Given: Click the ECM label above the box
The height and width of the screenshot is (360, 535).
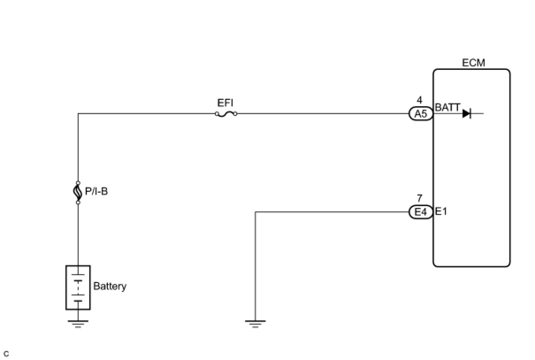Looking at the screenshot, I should [474, 63].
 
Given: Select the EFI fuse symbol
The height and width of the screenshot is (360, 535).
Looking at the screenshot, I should [225, 114].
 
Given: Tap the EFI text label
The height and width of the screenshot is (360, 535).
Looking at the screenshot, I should [225, 103].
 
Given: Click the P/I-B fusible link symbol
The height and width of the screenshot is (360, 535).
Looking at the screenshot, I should [78, 192].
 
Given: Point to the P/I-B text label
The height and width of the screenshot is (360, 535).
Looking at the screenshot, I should [96, 192].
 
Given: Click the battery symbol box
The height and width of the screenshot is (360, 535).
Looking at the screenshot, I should [78, 287].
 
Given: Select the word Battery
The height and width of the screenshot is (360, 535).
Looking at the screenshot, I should [110, 286].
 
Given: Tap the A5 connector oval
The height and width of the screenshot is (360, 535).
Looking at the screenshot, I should [420, 114].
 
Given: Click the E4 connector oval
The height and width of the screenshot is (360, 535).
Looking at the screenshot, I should [420, 212].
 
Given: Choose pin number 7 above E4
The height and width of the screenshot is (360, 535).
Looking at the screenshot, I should [420, 199].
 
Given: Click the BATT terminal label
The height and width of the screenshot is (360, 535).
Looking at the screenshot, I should [447, 107].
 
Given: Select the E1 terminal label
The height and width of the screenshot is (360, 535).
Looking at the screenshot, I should [441, 211].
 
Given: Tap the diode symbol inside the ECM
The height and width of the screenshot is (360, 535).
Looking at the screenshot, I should [466, 114].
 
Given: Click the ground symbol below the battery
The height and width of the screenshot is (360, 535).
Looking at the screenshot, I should [78, 324].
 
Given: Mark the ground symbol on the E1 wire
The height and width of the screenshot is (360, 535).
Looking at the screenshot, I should [255, 324].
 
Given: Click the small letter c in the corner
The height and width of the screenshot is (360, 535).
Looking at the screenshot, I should [6, 354].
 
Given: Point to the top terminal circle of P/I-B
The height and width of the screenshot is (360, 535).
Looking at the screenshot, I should [78, 183].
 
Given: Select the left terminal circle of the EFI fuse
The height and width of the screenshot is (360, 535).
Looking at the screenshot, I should [217, 114].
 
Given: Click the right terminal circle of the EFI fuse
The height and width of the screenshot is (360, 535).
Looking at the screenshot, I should [235, 114].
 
